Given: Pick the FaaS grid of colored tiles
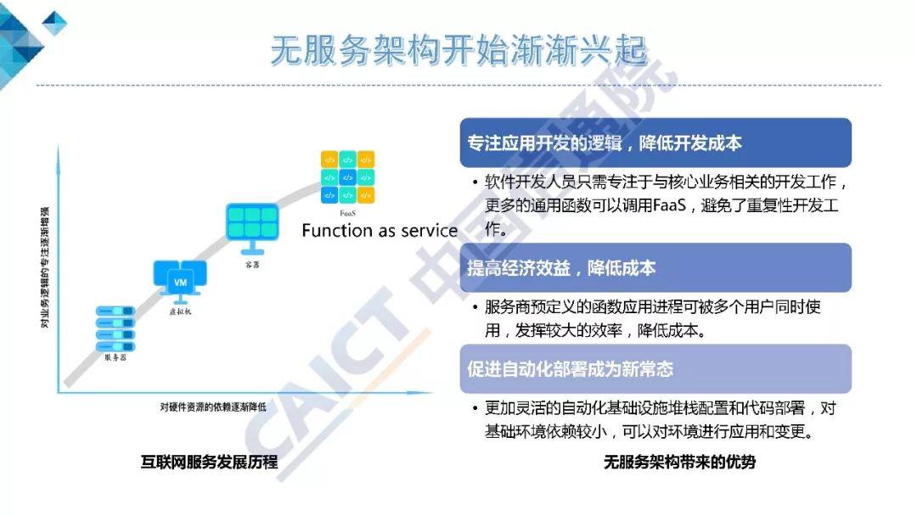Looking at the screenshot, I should click(347, 177).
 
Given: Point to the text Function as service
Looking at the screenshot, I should click(380, 231).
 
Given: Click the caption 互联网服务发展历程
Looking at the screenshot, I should click(209, 463).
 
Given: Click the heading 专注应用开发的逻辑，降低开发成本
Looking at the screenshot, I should click(604, 143).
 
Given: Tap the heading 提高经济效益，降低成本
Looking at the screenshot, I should click(561, 268).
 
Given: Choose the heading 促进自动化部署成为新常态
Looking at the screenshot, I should click(571, 369).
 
